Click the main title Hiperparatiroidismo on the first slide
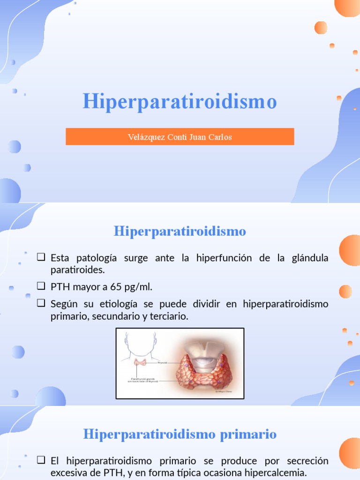click(180, 101)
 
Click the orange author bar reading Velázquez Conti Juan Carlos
click(180, 137)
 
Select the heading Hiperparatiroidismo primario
click(180, 434)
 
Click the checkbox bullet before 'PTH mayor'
click(41, 286)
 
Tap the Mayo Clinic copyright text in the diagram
click(223, 391)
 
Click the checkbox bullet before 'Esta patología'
click(41, 257)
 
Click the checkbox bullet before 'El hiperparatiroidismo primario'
click(41, 460)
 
